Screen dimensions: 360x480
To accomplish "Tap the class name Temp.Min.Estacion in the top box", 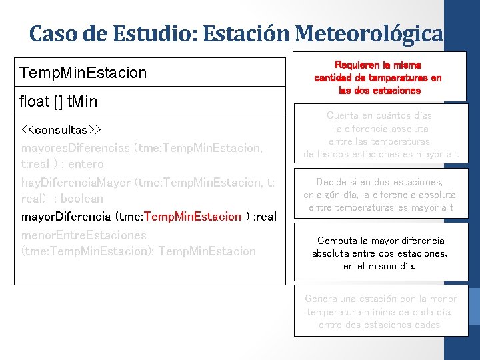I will (x=83, y=72).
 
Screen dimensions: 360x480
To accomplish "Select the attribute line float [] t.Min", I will (x=58, y=101).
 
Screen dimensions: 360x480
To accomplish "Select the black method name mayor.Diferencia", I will (x=67, y=217).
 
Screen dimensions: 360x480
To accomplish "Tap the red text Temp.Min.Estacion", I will (x=193, y=217).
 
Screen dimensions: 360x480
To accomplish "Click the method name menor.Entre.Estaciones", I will (x=84, y=235).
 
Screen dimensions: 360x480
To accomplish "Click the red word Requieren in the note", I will (x=355, y=65).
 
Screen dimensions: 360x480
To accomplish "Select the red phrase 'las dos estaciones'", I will (x=379, y=90).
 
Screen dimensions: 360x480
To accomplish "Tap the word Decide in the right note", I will (x=333, y=182).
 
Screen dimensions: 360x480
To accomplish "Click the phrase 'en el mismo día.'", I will (x=379, y=266).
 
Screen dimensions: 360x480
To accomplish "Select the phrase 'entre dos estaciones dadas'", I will (x=379, y=325).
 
